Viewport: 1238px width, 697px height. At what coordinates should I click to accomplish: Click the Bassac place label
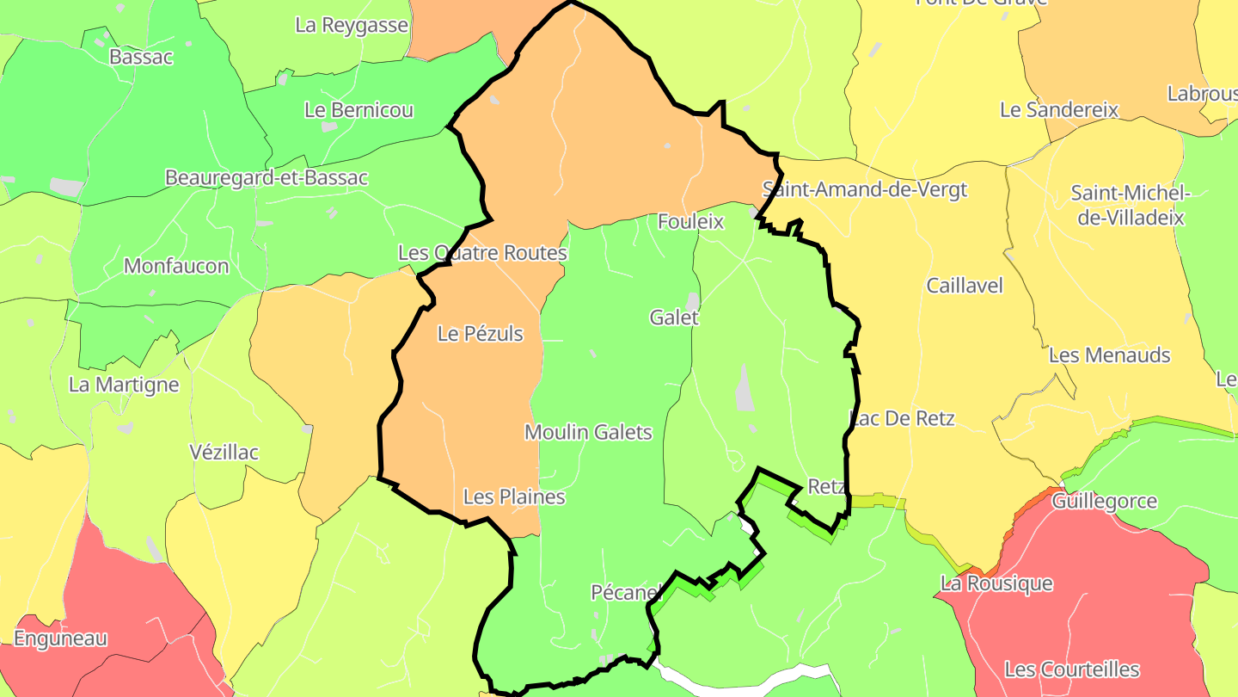141,57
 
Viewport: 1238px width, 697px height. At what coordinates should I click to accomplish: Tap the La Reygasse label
351,25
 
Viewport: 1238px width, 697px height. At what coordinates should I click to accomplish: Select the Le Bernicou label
359,110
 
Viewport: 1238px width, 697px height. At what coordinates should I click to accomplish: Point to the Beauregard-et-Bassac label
267,178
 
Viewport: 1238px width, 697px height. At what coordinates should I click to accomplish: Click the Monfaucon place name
176,266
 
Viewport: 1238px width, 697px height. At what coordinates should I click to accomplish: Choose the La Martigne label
124,385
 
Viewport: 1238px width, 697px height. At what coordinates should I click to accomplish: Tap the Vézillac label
224,453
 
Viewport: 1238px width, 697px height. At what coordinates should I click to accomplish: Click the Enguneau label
60,638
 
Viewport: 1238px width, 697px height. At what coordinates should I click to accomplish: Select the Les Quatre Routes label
482,253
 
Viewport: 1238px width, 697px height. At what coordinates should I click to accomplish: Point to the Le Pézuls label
480,334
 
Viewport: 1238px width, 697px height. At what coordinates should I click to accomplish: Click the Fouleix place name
690,222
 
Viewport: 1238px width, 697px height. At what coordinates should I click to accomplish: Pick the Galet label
674,318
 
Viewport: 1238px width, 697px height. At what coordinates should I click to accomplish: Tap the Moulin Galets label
588,433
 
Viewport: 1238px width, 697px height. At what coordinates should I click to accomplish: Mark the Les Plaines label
514,497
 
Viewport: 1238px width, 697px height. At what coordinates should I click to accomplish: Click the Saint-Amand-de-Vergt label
865,189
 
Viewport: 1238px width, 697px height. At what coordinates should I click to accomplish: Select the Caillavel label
965,286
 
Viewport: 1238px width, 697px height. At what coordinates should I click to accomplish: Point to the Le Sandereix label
1059,110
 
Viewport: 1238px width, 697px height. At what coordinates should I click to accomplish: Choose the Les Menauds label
1109,355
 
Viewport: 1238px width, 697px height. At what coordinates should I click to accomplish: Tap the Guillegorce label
1104,502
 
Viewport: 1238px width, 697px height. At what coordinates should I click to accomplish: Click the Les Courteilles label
1071,669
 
